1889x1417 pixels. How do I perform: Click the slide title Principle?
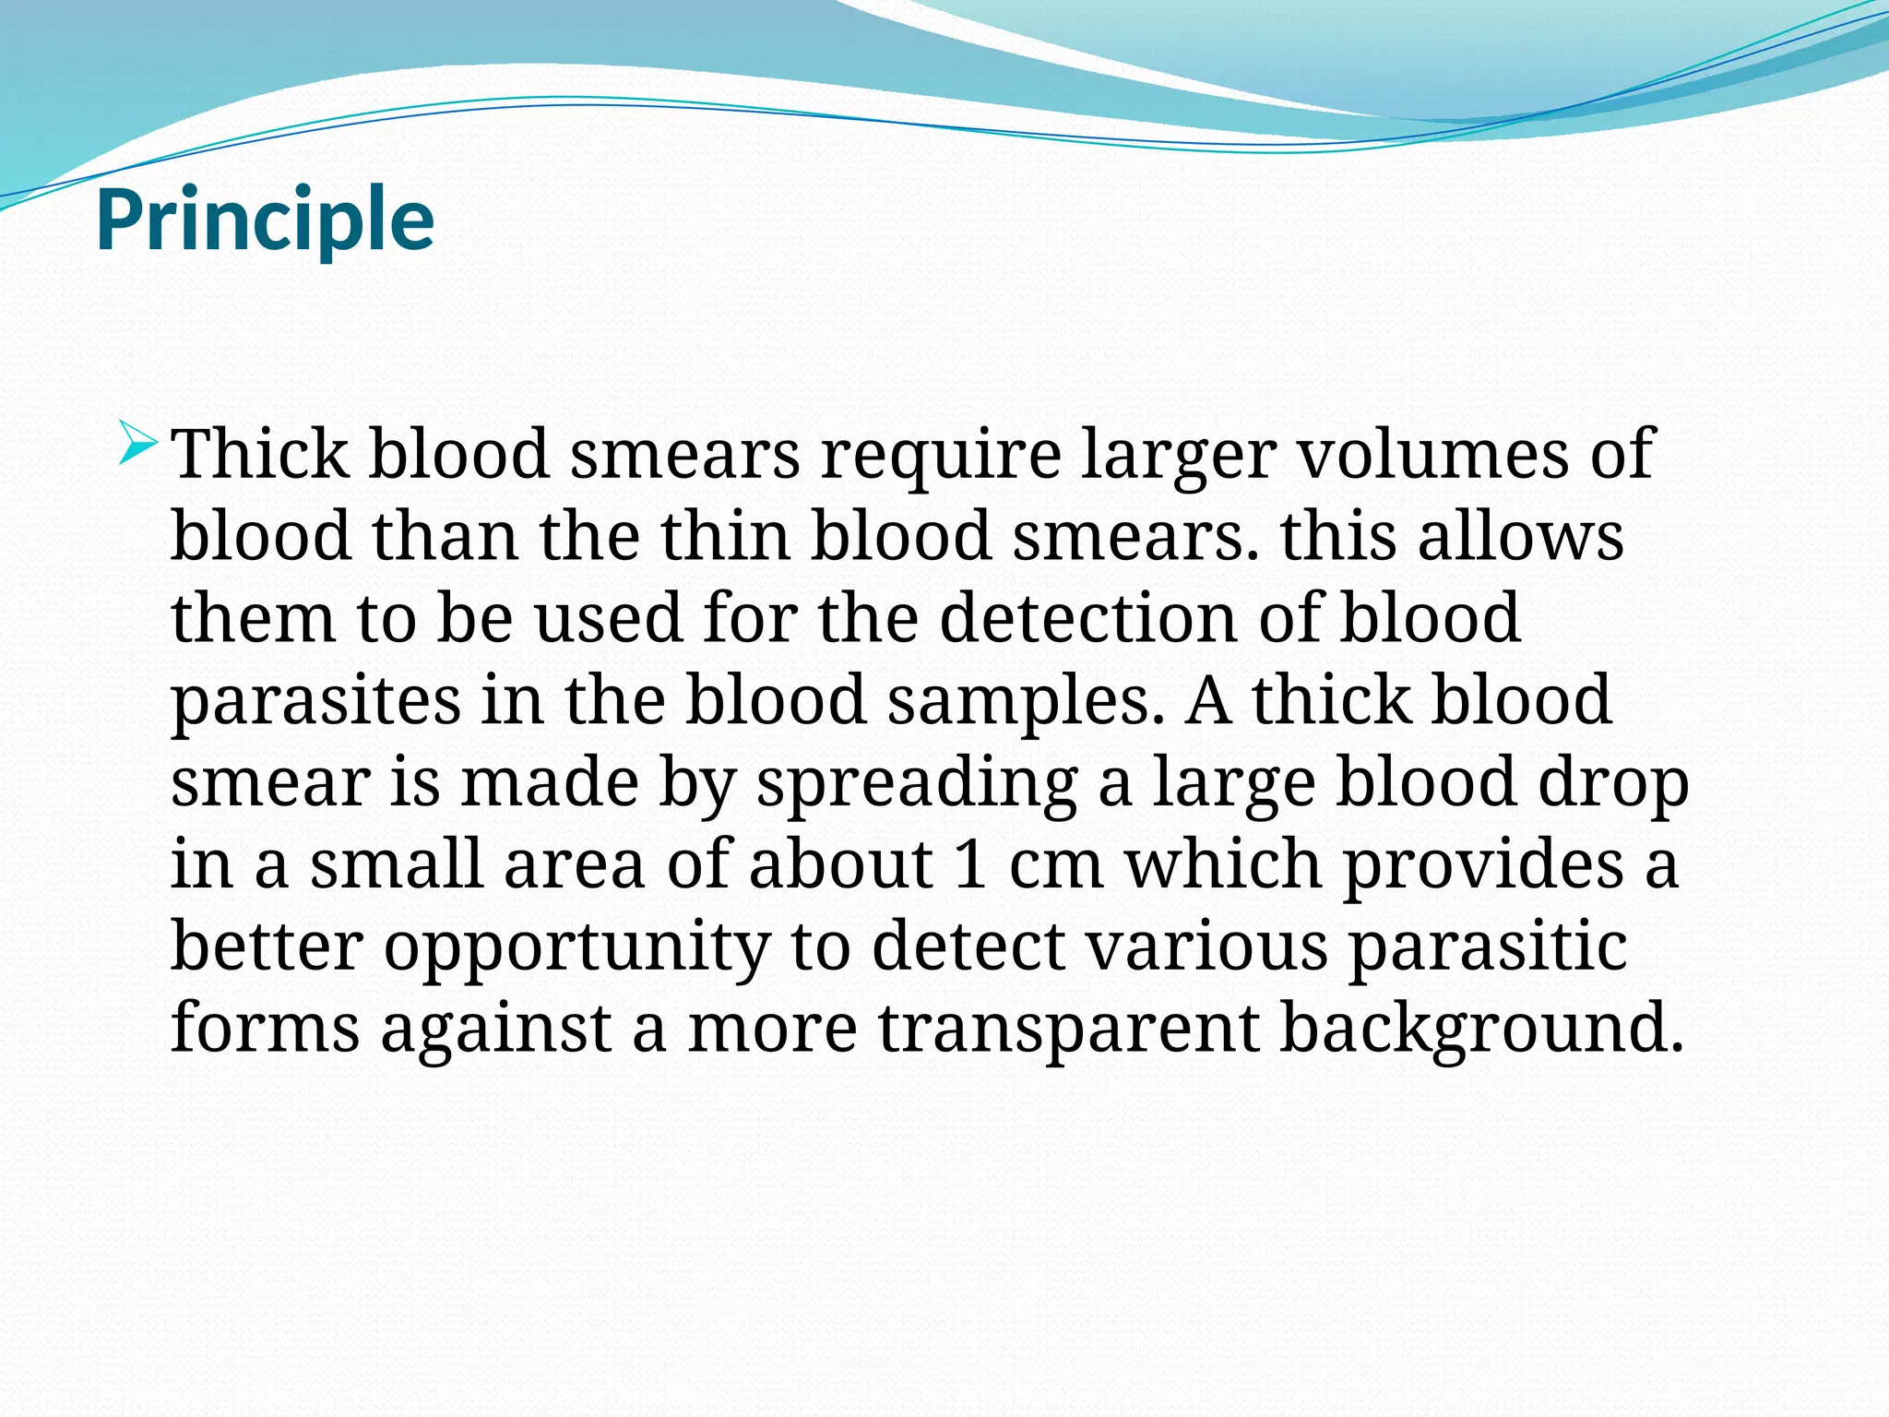point(265,220)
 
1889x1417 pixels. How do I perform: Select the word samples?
point(1019,700)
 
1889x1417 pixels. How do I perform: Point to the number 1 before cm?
point(970,864)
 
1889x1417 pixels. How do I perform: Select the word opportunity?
point(577,947)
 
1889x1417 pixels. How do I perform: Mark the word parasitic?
point(1488,947)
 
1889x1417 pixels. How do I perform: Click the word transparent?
point(1068,1028)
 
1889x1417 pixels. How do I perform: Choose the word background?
point(1480,1028)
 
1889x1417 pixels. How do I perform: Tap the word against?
point(496,1028)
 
